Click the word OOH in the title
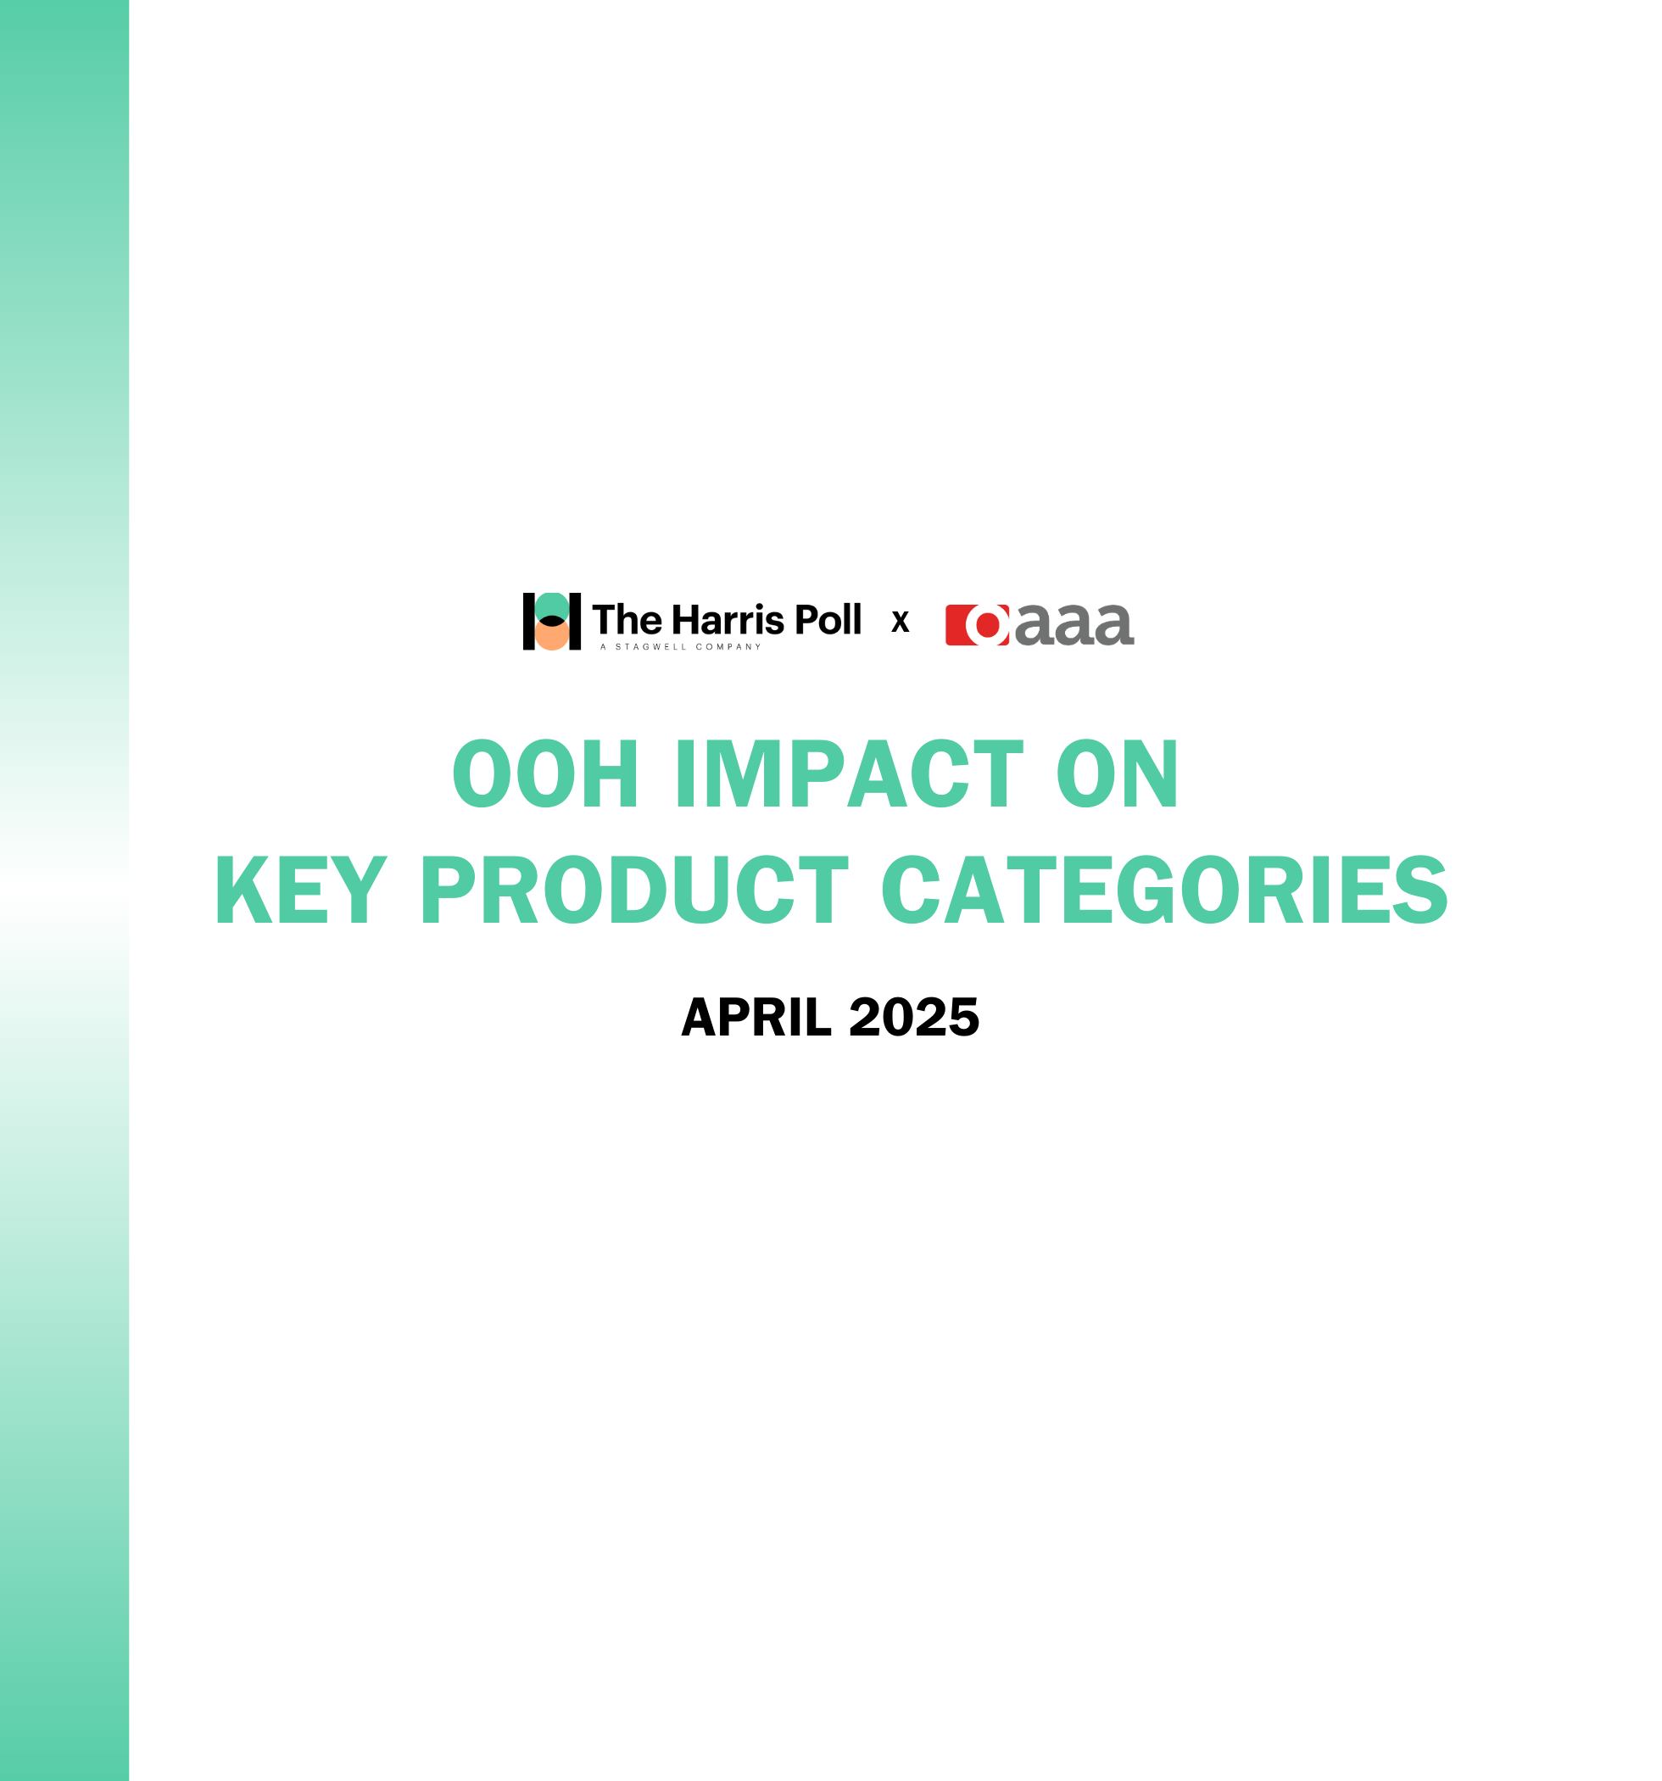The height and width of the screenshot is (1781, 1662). (x=545, y=773)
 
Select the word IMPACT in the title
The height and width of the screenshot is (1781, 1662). (x=850, y=773)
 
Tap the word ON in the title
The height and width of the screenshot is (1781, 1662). (x=1118, y=773)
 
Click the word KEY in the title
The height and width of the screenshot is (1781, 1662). (x=301, y=890)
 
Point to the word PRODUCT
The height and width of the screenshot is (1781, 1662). (x=634, y=890)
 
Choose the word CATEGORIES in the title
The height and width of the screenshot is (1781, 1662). (x=1165, y=890)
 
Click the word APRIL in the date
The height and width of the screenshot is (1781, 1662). (x=756, y=1017)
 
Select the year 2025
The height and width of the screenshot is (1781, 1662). (x=914, y=1017)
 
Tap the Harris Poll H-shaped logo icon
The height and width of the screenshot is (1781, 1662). (x=552, y=621)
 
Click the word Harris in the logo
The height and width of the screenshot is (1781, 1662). (x=728, y=620)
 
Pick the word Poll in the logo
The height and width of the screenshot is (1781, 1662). (x=828, y=620)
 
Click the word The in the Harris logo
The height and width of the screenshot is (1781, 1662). (x=627, y=620)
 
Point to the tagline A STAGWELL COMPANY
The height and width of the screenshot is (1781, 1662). (x=681, y=647)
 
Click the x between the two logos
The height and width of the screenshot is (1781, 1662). (x=901, y=621)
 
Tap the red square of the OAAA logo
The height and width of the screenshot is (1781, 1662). (x=978, y=625)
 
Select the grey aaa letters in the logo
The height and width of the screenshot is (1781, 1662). (x=1075, y=625)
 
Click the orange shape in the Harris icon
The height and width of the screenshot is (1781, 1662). (x=552, y=636)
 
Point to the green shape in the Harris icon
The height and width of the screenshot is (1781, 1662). (x=552, y=606)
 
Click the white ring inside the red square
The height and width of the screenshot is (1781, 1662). (x=987, y=625)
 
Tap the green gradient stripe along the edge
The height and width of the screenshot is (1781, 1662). (x=64, y=890)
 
